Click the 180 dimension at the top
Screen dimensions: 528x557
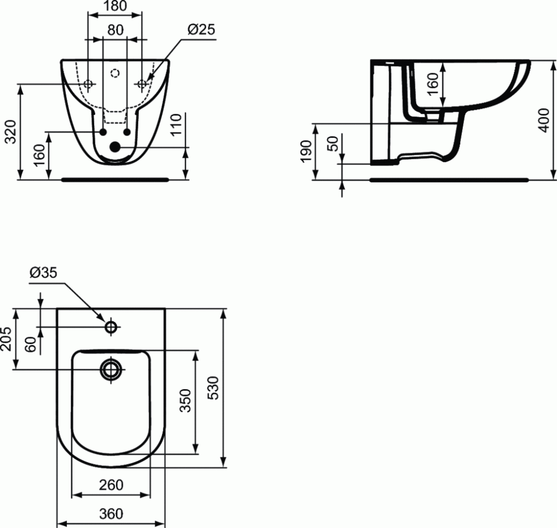click(115, 6)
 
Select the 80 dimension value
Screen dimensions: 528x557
click(115, 30)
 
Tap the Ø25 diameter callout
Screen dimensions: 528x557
click(201, 30)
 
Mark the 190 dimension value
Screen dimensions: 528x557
click(306, 152)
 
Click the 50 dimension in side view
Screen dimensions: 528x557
click(333, 144)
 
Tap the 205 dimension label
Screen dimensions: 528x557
click(7, 339)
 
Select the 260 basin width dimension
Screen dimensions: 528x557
click(111, 485)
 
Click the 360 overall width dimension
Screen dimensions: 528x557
click(111, 514)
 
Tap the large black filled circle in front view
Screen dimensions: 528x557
click(115, 147)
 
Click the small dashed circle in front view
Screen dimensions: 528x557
click(115, 72)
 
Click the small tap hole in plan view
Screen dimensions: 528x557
click(111, 327)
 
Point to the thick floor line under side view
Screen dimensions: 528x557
click(449, 180)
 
